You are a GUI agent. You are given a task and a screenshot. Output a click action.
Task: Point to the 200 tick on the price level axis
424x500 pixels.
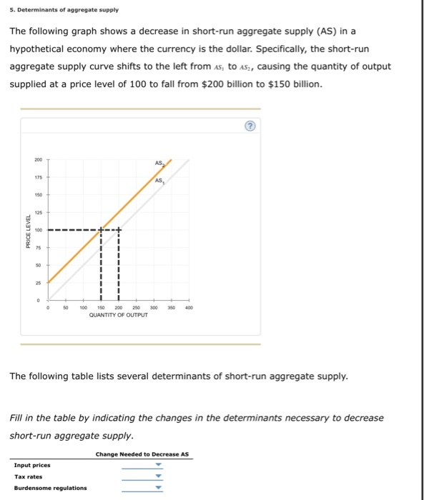click(x=38, y=159)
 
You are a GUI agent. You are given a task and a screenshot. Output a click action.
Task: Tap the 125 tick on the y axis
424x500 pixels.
click(x=38, y=212)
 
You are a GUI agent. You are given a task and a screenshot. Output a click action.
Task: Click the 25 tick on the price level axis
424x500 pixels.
click(x=38, y=283)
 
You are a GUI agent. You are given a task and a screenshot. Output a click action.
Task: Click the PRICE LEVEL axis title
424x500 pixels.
click(x=28, y=231)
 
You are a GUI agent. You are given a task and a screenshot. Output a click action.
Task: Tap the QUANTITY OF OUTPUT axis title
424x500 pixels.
click(x=119, y=315)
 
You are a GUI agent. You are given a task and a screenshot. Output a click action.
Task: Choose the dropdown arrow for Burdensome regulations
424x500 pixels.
click(x=159, y=489)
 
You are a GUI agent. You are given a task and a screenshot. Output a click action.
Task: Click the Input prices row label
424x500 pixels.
click(x=31, y=465)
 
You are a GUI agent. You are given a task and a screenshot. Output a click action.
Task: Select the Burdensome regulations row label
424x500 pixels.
click(x=50, y=488)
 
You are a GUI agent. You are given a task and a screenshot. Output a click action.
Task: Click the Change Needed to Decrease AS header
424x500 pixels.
click(x=142, y=454)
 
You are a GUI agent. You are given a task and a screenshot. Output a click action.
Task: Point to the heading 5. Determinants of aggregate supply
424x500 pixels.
click(x=64, y=10)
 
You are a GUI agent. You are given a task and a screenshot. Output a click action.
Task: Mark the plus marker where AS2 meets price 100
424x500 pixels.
click(x=102, y=230)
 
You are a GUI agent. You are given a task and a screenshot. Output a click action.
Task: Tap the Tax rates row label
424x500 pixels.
click(x=28, y=476)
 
